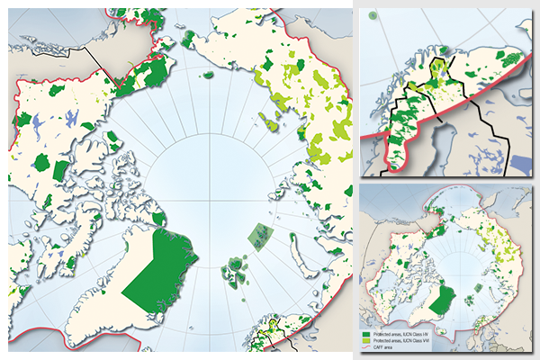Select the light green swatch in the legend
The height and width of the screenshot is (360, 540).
point(367,341)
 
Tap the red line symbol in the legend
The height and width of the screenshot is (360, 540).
point(367,348)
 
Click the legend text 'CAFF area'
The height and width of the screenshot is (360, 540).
point(385,348)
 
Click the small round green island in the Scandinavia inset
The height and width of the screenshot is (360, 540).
point(445,51)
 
